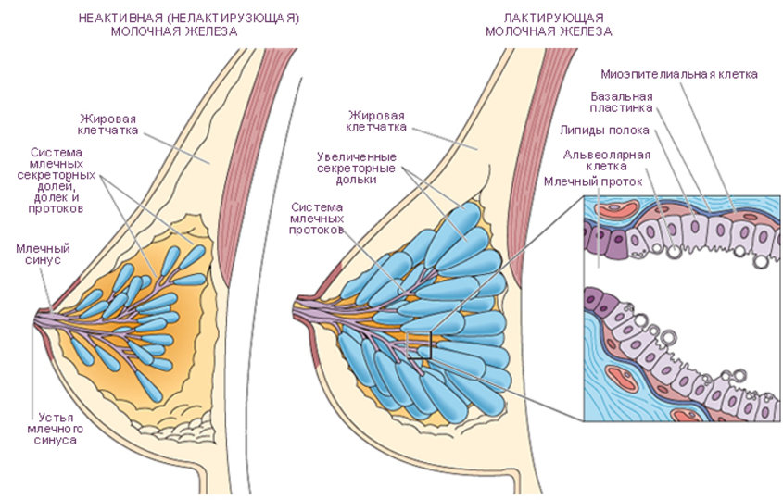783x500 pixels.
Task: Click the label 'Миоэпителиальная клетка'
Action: click(679, 73)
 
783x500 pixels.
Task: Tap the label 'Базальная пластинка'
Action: click(622, 102)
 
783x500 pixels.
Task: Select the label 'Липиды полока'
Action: click(602, 130)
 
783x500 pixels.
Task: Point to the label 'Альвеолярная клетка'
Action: click(607, 159)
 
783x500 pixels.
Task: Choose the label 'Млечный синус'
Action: click(43, 254)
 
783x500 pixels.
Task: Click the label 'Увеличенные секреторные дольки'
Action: click(357, 168)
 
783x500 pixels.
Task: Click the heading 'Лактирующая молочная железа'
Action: click(549, 24)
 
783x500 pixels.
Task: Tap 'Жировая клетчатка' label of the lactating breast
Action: click(375, 120)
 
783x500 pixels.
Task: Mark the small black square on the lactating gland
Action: click(421, 346)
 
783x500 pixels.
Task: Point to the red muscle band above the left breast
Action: click(275, 102)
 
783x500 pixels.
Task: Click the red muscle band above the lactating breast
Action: click(546, 102)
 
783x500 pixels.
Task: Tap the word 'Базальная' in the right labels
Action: click(622, 95)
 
